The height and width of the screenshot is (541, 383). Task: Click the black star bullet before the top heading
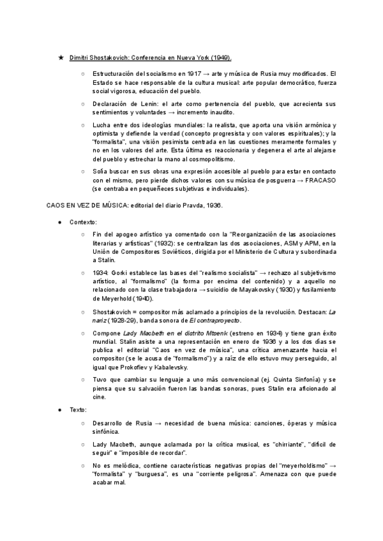tap(61, 57)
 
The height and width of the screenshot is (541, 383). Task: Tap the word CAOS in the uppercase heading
tap(57, 205)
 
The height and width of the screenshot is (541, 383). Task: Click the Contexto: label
tap(83, 222)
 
